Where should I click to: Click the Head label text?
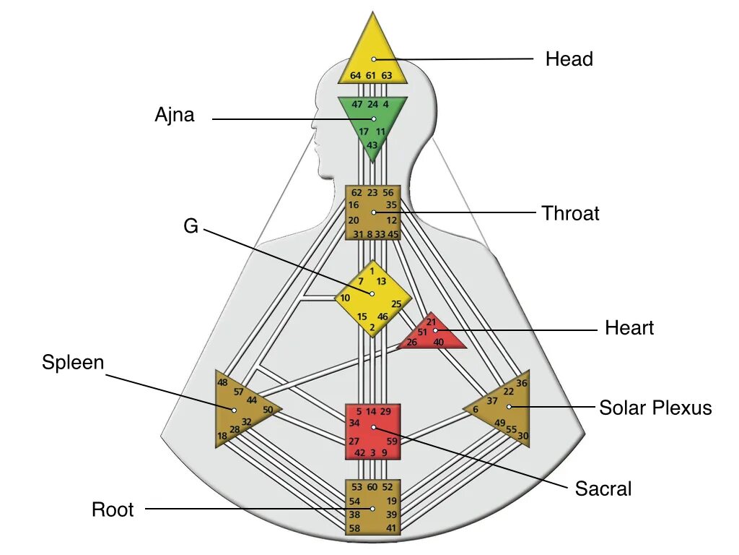pyautogui.click(x=569, y=59)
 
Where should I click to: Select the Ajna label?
pyautogui.click(x=175, y=115)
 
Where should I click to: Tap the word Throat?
pyautogui.click(x=570, y=213)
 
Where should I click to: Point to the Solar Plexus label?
pyautogui.click(x=655, y=408)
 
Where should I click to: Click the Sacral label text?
pyautogui.click(x=603, y=489)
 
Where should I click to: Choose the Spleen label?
pyautogui.click(x=73, y=363)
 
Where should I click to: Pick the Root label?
pyautogui.click(x=113, y=510)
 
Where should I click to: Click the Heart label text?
pyautogui.click(x=629, y=328)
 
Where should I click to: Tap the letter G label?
pyautogui.click(x=191, y=226)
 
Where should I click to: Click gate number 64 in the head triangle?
pyautogui.click(x=356, y=75)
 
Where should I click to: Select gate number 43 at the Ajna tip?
pyautogui.click(x=372, y=145)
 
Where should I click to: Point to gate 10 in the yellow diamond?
pyautogui.click(x=346, y=298)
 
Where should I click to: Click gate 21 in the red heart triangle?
pyautogui.click(x=431, y=322)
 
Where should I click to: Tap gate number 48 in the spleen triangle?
pyautogui.click(x=222, y=382)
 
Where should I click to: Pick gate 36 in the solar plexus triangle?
pyautogui.click(x=522, y=383)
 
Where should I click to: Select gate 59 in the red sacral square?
pyautogui.click(x=392, y=441)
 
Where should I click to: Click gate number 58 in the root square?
pyautogui.click(x=354, y=529)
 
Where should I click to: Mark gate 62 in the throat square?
pyautogui.click(x=357, y=193)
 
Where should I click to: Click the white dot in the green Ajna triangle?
pyautogui.click(x=374, y=119)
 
